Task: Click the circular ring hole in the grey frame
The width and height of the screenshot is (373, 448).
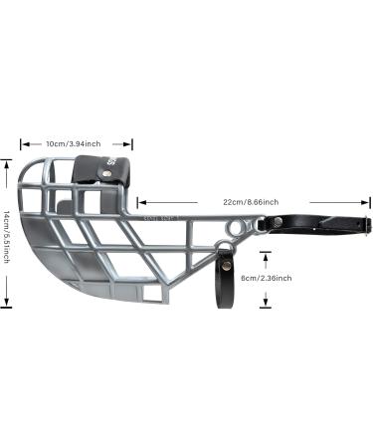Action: pos(233,229)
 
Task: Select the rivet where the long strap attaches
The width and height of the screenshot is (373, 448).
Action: pos(263,227)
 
